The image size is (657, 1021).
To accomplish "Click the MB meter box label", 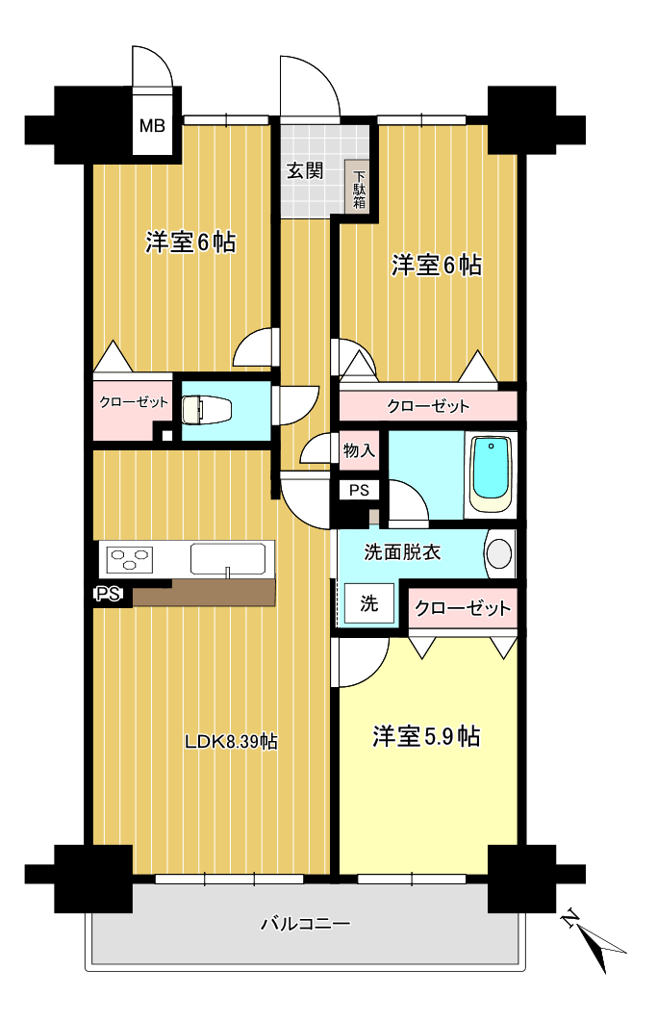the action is (x=152, y=125).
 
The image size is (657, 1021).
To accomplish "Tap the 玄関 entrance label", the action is (x=305, y=171).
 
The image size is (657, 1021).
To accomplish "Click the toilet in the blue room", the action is (x=205, y=410).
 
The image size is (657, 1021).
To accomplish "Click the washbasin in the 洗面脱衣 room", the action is (x=499, y=553).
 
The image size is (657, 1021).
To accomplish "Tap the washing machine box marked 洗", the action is (x=369, y=603).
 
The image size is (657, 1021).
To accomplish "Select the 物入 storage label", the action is (x=360, y=450).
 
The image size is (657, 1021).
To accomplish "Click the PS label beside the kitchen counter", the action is (x=108, y=594).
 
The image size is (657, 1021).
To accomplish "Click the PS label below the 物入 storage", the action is (x=360, y=491).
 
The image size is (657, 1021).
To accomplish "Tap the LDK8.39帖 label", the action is (x=232, y=741).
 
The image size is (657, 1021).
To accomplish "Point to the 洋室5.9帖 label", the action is (x=426, y=736).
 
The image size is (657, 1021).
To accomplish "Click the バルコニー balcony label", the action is (x=306, y=924).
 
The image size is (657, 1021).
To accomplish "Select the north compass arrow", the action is (x=594, y=940).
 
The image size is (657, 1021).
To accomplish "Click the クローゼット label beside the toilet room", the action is (x=134, y=401).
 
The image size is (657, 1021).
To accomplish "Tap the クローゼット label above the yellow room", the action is (x=463, y=608).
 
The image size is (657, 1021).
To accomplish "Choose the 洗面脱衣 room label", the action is (x=402, y=552).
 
